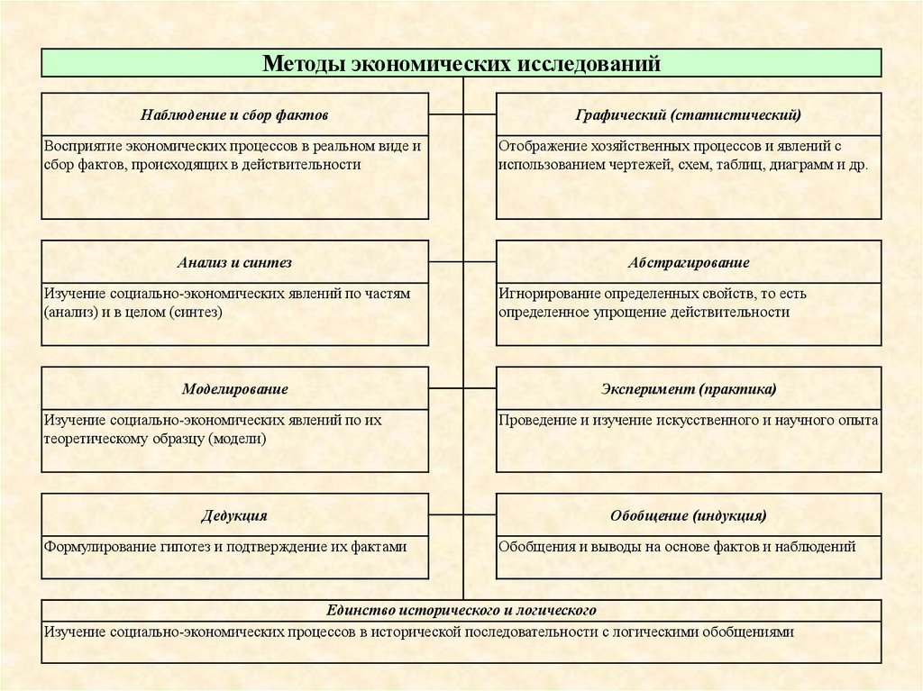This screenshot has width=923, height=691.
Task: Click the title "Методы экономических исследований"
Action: tap(461, 64)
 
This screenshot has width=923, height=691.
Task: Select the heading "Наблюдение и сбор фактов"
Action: tap(234, 115)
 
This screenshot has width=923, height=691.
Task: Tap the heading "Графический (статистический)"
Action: tap(689, 115)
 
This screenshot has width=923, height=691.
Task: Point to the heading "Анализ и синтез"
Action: tap(234, 263)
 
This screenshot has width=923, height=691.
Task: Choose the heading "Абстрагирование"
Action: tap(689, 263)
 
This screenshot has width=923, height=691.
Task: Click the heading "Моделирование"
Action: tap(234, 389)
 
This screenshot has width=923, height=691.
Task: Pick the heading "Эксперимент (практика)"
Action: tap(689, 389)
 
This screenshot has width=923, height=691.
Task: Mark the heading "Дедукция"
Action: tap(234, 516)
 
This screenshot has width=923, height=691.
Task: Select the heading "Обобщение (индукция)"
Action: tap(689, 516)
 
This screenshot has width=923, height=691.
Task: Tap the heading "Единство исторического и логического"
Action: tap(461, 611)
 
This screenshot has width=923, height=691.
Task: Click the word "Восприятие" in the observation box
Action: tap(78, 146)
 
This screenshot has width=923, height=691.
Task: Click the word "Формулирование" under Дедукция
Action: tap(93, 546)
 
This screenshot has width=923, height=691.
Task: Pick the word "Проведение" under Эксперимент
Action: tap(532, 420)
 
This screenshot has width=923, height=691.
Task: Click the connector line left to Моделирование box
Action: tap(446, 387)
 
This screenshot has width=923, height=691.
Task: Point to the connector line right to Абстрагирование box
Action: tap(480, 261)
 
